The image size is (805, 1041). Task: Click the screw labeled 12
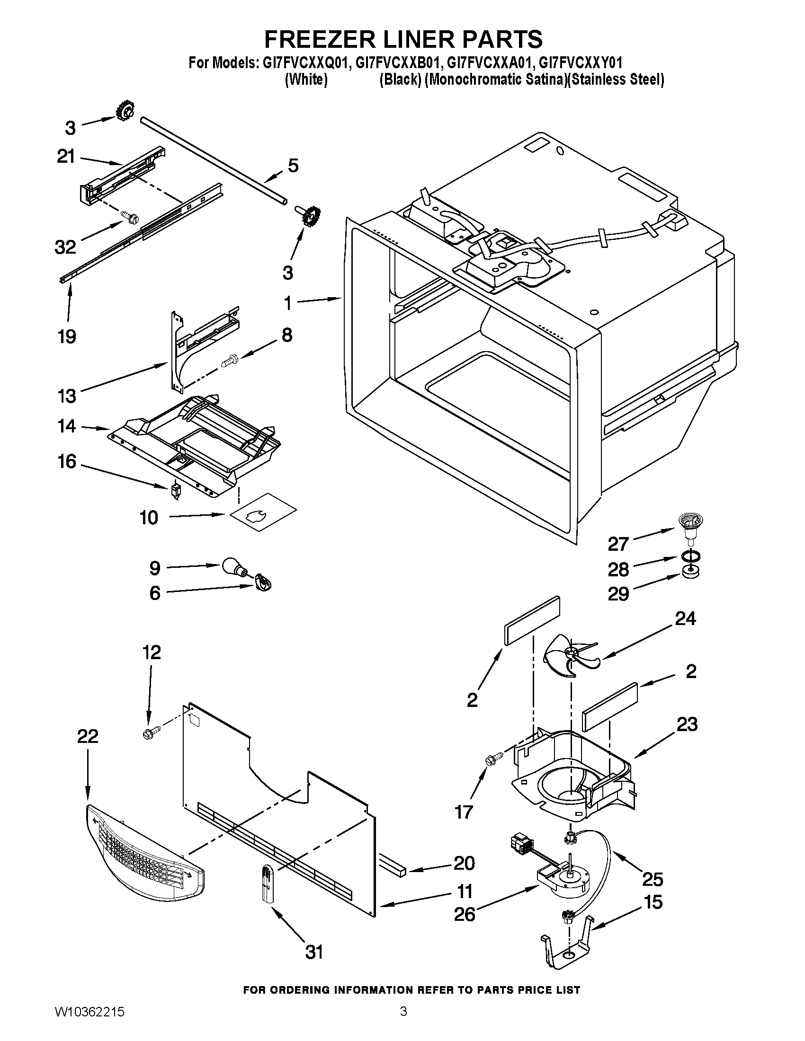tap(150, 733)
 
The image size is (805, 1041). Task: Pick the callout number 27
tap(618, 543)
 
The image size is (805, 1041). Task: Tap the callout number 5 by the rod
tap(293, 167)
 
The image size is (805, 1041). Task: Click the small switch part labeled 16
tap(177, 491)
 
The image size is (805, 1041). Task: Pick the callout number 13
tap(67, 396)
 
